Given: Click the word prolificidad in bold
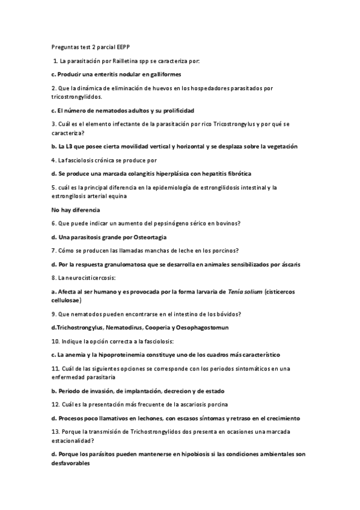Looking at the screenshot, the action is (175, 110).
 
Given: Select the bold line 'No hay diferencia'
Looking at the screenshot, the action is (75, 209).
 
